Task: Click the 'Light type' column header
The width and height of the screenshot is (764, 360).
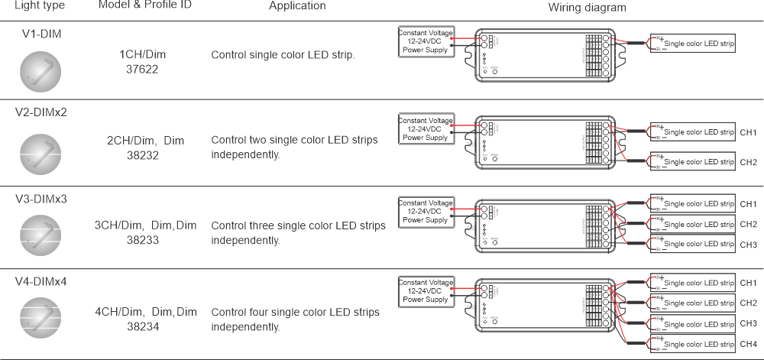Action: point(39,6)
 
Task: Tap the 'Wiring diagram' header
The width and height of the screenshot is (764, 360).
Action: point(588,7)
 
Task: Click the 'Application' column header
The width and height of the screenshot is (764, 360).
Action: point(297,6)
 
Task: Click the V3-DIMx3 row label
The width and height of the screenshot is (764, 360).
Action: point(41,199)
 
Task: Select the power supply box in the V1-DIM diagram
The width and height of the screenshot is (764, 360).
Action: point(426,42)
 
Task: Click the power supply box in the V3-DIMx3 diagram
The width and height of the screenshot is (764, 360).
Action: point(426,210)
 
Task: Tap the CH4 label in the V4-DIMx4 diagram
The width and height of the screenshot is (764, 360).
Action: point(749,343)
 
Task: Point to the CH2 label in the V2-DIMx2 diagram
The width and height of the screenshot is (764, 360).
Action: point(749,162)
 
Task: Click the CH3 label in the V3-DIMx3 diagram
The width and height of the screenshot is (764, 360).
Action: point(749,245)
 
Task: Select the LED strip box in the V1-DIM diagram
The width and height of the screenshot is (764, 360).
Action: point(692,44)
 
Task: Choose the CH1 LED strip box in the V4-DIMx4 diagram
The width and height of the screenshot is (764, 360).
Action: point(692,283)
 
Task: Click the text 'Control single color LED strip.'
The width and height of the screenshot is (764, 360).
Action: point(283,55)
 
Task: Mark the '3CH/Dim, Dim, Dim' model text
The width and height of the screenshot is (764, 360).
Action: point(145,225)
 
